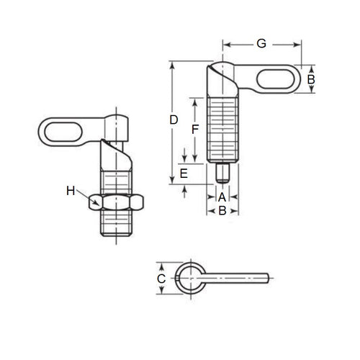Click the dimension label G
(261, 44)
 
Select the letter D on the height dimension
(174, 121)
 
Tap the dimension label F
(194, 130)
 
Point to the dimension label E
(184, 174)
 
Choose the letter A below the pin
(222, 197)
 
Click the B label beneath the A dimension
(222, 211)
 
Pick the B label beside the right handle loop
(311, 79)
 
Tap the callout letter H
(71, 191)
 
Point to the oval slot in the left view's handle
(58, 132)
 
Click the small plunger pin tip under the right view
(222, 174)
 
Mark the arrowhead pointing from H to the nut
(91, 202)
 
